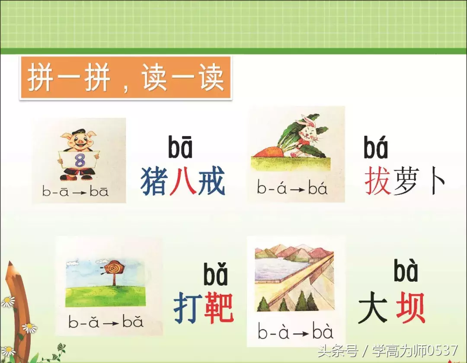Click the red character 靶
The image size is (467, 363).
[x=218, y=308]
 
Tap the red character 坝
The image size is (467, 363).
[x=410, y=308]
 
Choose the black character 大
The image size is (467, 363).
[x=373, y=308]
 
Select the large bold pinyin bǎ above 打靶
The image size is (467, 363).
[x=215, y=275]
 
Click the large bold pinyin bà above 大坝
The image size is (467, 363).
[x=406, y=271]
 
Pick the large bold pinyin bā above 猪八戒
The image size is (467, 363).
[x=180, y=147]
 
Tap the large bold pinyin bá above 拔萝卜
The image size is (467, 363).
[x=376, y=147]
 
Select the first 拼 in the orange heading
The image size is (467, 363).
[x=41, y=78]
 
